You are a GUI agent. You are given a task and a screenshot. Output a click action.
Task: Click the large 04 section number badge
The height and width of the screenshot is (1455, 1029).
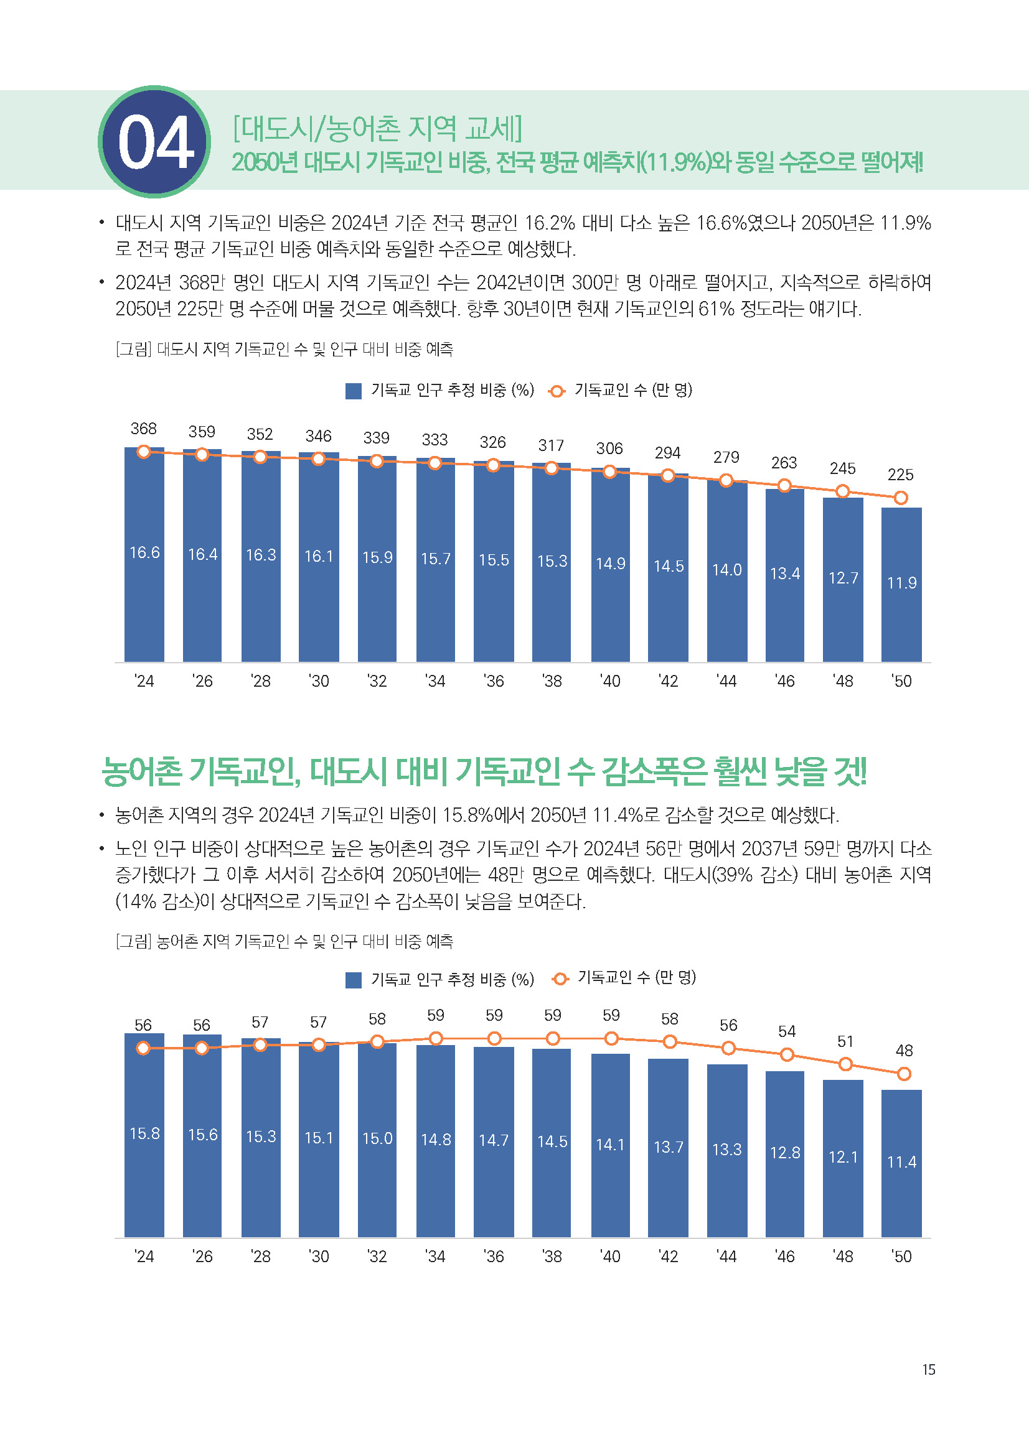155,142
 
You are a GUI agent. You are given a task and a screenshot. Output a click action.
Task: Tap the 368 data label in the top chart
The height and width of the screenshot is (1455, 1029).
143,429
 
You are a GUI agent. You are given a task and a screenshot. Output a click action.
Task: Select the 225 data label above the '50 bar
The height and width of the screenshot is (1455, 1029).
900,475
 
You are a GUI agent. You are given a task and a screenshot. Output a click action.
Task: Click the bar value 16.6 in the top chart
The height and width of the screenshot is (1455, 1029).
144,552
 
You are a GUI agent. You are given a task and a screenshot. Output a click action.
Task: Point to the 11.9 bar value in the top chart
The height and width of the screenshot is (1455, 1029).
901,582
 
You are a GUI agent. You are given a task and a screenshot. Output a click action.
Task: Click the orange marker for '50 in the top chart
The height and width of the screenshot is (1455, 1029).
900,498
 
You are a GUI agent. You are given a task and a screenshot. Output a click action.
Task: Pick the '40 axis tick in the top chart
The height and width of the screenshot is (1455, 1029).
610,681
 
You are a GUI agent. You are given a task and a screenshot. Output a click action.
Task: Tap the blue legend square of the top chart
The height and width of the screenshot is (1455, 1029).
353,391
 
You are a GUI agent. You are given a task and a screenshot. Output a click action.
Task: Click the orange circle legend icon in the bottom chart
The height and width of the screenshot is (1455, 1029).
559,979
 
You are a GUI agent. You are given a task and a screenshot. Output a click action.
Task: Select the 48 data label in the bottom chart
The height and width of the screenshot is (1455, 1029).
904,1051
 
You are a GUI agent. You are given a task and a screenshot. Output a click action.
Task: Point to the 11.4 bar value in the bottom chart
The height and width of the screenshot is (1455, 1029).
901,1162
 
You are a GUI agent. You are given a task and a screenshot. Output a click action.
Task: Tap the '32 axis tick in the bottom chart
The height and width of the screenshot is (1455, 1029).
377,1257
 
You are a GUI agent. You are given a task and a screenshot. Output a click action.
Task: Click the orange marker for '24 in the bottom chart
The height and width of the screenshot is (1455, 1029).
143,1048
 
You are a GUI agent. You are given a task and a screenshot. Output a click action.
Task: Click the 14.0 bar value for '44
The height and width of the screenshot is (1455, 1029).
726,570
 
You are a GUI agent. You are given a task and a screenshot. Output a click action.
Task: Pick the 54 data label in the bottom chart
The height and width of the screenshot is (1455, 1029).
787,1031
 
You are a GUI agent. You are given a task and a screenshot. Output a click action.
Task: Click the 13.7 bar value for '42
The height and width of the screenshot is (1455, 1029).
668,1147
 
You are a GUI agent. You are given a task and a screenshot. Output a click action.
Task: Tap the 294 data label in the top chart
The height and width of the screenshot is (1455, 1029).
667,453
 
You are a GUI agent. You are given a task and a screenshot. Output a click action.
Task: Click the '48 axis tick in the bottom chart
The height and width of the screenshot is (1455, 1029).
843,1257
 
